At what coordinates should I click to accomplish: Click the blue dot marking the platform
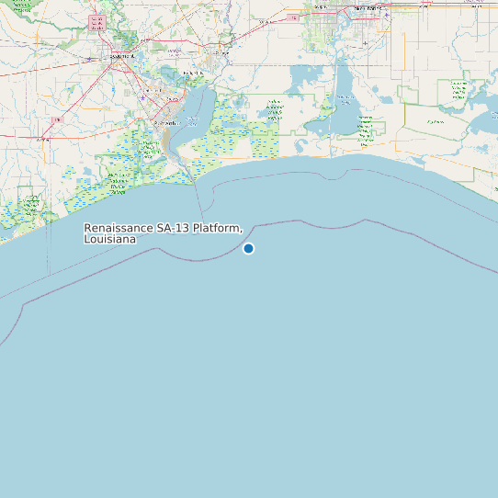pos(248,248)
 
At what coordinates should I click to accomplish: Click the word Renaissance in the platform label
pos(119,228)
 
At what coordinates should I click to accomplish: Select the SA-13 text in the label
pos(172,228)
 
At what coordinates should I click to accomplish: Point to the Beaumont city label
pos(121,57)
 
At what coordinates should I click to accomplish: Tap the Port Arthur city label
pos(167,122)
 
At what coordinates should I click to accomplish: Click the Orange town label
pos(221,53)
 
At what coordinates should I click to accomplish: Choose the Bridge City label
pos(193,73)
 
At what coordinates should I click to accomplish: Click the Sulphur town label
pos(322,8)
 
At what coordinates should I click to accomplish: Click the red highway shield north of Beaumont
pos(96,19)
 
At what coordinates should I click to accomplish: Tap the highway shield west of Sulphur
pos(293,17)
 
